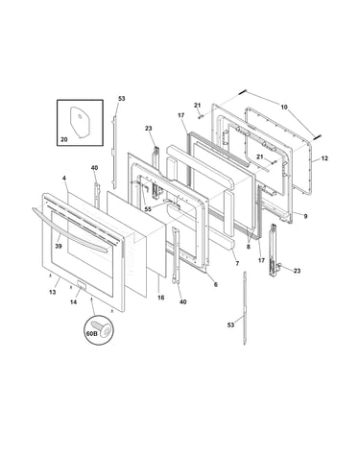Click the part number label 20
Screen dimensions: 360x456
pos(64,139)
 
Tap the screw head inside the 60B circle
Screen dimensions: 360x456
pos(107,329)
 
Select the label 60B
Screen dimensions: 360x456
pos(91,333)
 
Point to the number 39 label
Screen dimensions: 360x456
pos(59,246)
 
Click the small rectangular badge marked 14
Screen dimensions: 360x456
pos(81,285)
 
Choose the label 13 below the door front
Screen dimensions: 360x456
pos(53,292)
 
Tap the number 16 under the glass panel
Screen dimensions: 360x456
pos(161,298)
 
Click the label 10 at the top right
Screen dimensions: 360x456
pos(284,108)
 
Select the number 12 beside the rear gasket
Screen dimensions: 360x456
pos(324,158)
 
